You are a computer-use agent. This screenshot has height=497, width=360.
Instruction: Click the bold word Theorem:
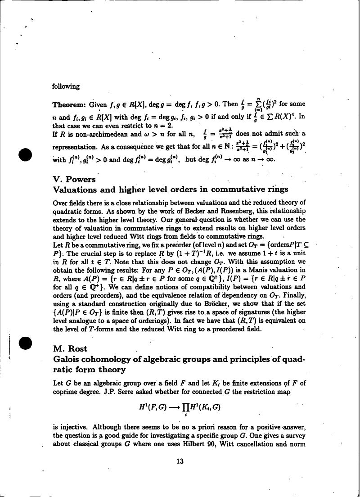tap(69, 105)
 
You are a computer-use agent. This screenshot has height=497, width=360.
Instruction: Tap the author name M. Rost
tap(70, 348)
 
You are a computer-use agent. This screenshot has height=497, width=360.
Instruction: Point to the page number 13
tap(180, 461)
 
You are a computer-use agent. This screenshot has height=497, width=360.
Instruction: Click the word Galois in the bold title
tap(68, 359)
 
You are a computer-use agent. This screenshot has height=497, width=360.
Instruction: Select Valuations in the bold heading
tap(76, 190)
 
